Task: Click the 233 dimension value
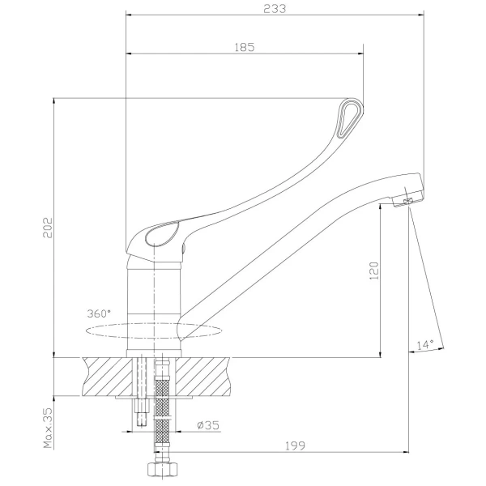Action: pos(275,9)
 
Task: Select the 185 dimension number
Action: pos(245,48)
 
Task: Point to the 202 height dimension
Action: pos(48,228)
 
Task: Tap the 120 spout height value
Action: pos(374,271)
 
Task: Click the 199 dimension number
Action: pos(295,446)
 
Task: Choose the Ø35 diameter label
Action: pos(208,425)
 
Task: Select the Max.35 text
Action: pos(48,428)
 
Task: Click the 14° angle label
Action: pos(425,344)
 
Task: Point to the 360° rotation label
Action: pos(99,313)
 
